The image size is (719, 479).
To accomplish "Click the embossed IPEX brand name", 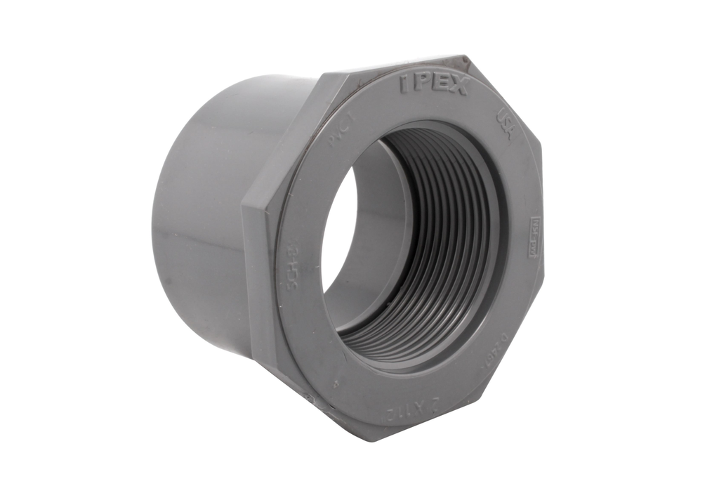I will (x=434, y=85).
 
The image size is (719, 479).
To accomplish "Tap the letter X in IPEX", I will (x=457, y=87).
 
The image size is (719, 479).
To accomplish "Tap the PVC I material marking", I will (x=341, y=134).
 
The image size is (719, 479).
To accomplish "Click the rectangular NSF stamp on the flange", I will (x=533, y=240).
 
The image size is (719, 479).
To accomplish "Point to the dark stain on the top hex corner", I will (x=460, y=60).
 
